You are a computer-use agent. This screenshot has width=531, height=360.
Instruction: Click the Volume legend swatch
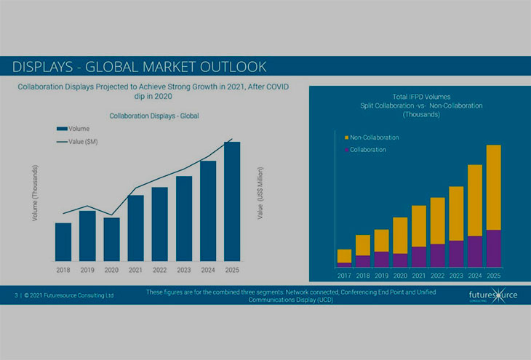click(62, 128)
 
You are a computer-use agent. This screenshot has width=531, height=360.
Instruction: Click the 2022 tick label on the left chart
click(159, 271)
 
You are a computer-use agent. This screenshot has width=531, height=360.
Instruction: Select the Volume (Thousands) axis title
click(35, 193)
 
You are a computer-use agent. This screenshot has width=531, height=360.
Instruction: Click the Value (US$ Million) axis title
click(260, 193)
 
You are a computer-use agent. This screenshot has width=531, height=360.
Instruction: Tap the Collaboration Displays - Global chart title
click(153, 116)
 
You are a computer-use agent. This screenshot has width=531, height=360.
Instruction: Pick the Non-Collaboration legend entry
click(373, 137)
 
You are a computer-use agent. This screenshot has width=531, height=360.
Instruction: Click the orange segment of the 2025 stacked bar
click(493, 187)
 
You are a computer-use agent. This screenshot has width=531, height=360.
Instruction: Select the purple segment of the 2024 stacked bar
click(474, 251)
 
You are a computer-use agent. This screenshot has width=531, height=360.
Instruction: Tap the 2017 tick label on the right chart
click(344, 276)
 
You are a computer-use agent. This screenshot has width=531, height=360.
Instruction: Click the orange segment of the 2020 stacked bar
click(400, 235)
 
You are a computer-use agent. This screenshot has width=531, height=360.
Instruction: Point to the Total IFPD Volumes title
click(421, 97)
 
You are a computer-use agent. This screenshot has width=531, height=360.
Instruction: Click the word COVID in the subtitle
click(276, 87)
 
